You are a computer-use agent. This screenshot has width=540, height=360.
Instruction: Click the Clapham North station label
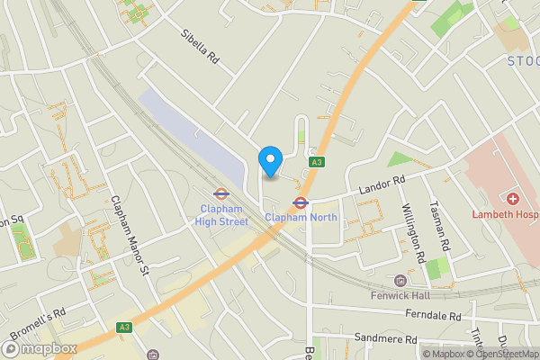pos(301,217)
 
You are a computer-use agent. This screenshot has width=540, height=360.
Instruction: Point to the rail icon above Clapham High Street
pos(219,193)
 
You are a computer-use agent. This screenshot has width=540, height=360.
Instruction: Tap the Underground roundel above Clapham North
pos(301,202)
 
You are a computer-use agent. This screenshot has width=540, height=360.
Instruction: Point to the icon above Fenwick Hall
pos(401,280)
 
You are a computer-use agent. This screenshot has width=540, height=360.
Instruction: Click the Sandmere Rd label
pos(386,339)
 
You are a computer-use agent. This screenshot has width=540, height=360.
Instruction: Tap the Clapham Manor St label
pos(128,235)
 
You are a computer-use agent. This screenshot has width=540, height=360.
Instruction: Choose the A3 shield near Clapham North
pos(316,162)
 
